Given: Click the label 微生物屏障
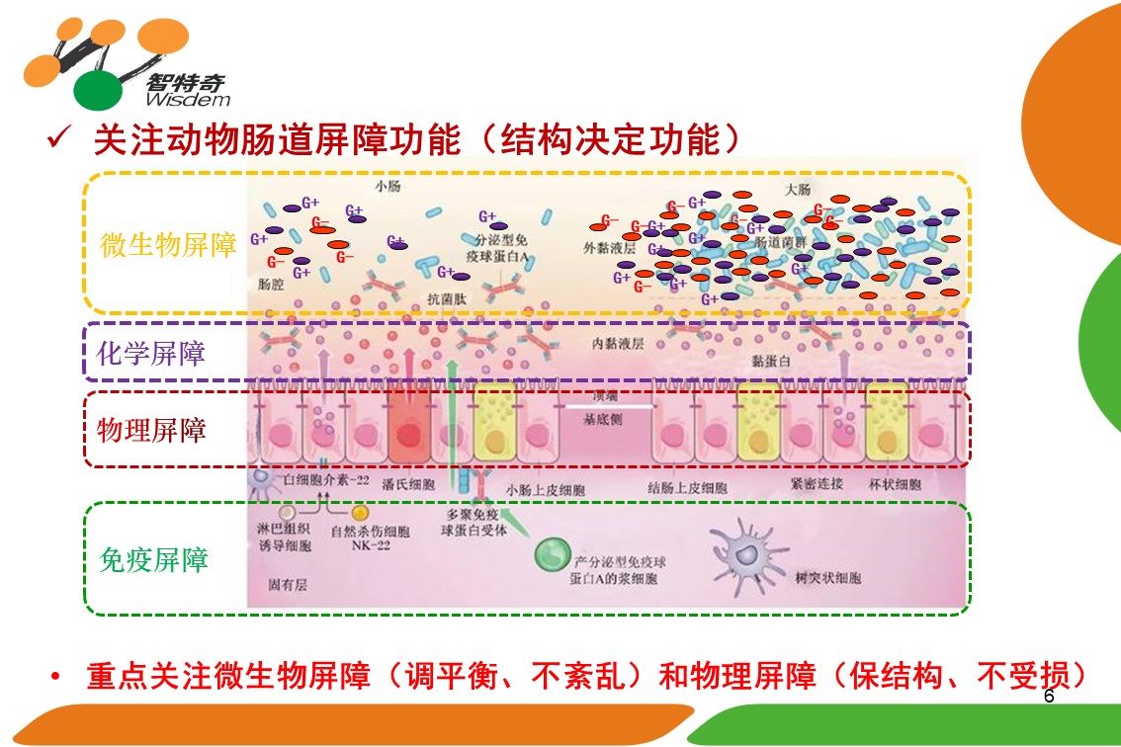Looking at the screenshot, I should click(x=169, y=245).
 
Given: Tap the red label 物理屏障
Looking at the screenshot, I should click(x=151, y=430).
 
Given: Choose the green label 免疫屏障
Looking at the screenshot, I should click(x=154, y=560).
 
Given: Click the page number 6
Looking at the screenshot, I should click(x=1049, y=697).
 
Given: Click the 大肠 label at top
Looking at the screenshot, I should click(x=796, y=188).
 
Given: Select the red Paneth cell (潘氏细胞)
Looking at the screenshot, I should click(x=408, y=435).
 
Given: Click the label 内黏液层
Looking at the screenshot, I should click(x=618, y=343).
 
